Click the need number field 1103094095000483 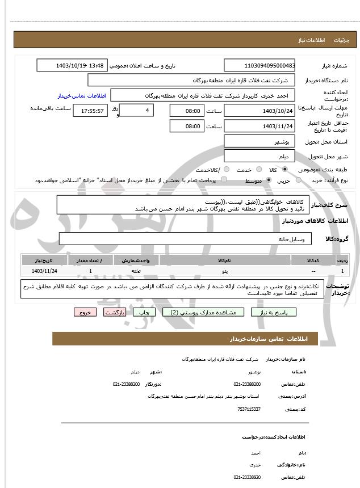[259, 66]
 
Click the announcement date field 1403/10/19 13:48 [72, 66]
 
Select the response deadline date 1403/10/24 [259, 111]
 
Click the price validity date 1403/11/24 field [259, 126]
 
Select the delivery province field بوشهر [259, 141]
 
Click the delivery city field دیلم [259, 155]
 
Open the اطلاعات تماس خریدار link [82, 96]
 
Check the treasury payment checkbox [224, 180]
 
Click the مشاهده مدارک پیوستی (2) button [203, 312]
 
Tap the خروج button [85, 312]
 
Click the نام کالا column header [225, 260]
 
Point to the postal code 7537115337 [249, 409]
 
